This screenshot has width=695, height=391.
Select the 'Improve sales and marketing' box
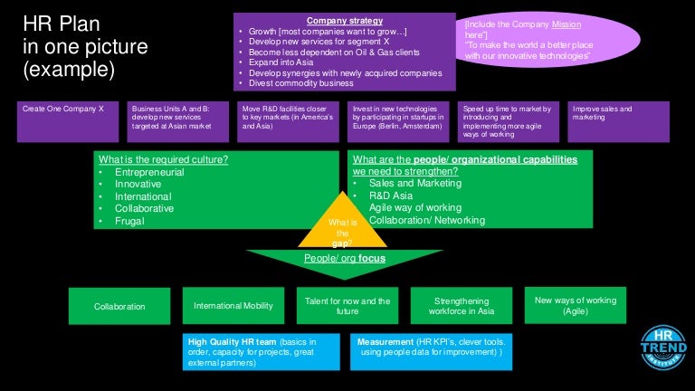[x=619, y=121]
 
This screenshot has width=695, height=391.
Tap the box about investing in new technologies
[x=399, y=121]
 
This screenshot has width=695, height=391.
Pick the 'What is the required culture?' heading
[x=163, y=160]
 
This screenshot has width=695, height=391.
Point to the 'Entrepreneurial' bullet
[x=149, y=172]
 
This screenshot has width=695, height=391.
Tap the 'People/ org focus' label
[x=345, y=259]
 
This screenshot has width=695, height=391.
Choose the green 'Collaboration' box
[x=119, y=306]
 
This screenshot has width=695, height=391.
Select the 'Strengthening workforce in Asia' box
[x=462, y=306]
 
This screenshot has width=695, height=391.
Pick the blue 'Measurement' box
[x=433, y=351]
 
